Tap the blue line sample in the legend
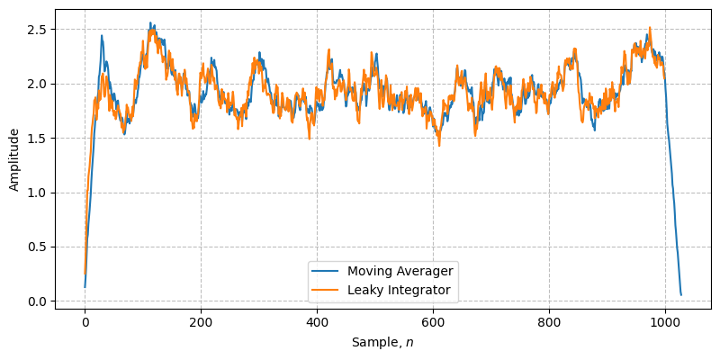[326, 270]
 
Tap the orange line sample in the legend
[326, 290]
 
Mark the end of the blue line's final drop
[681, 295]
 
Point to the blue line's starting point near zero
[85, 287]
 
